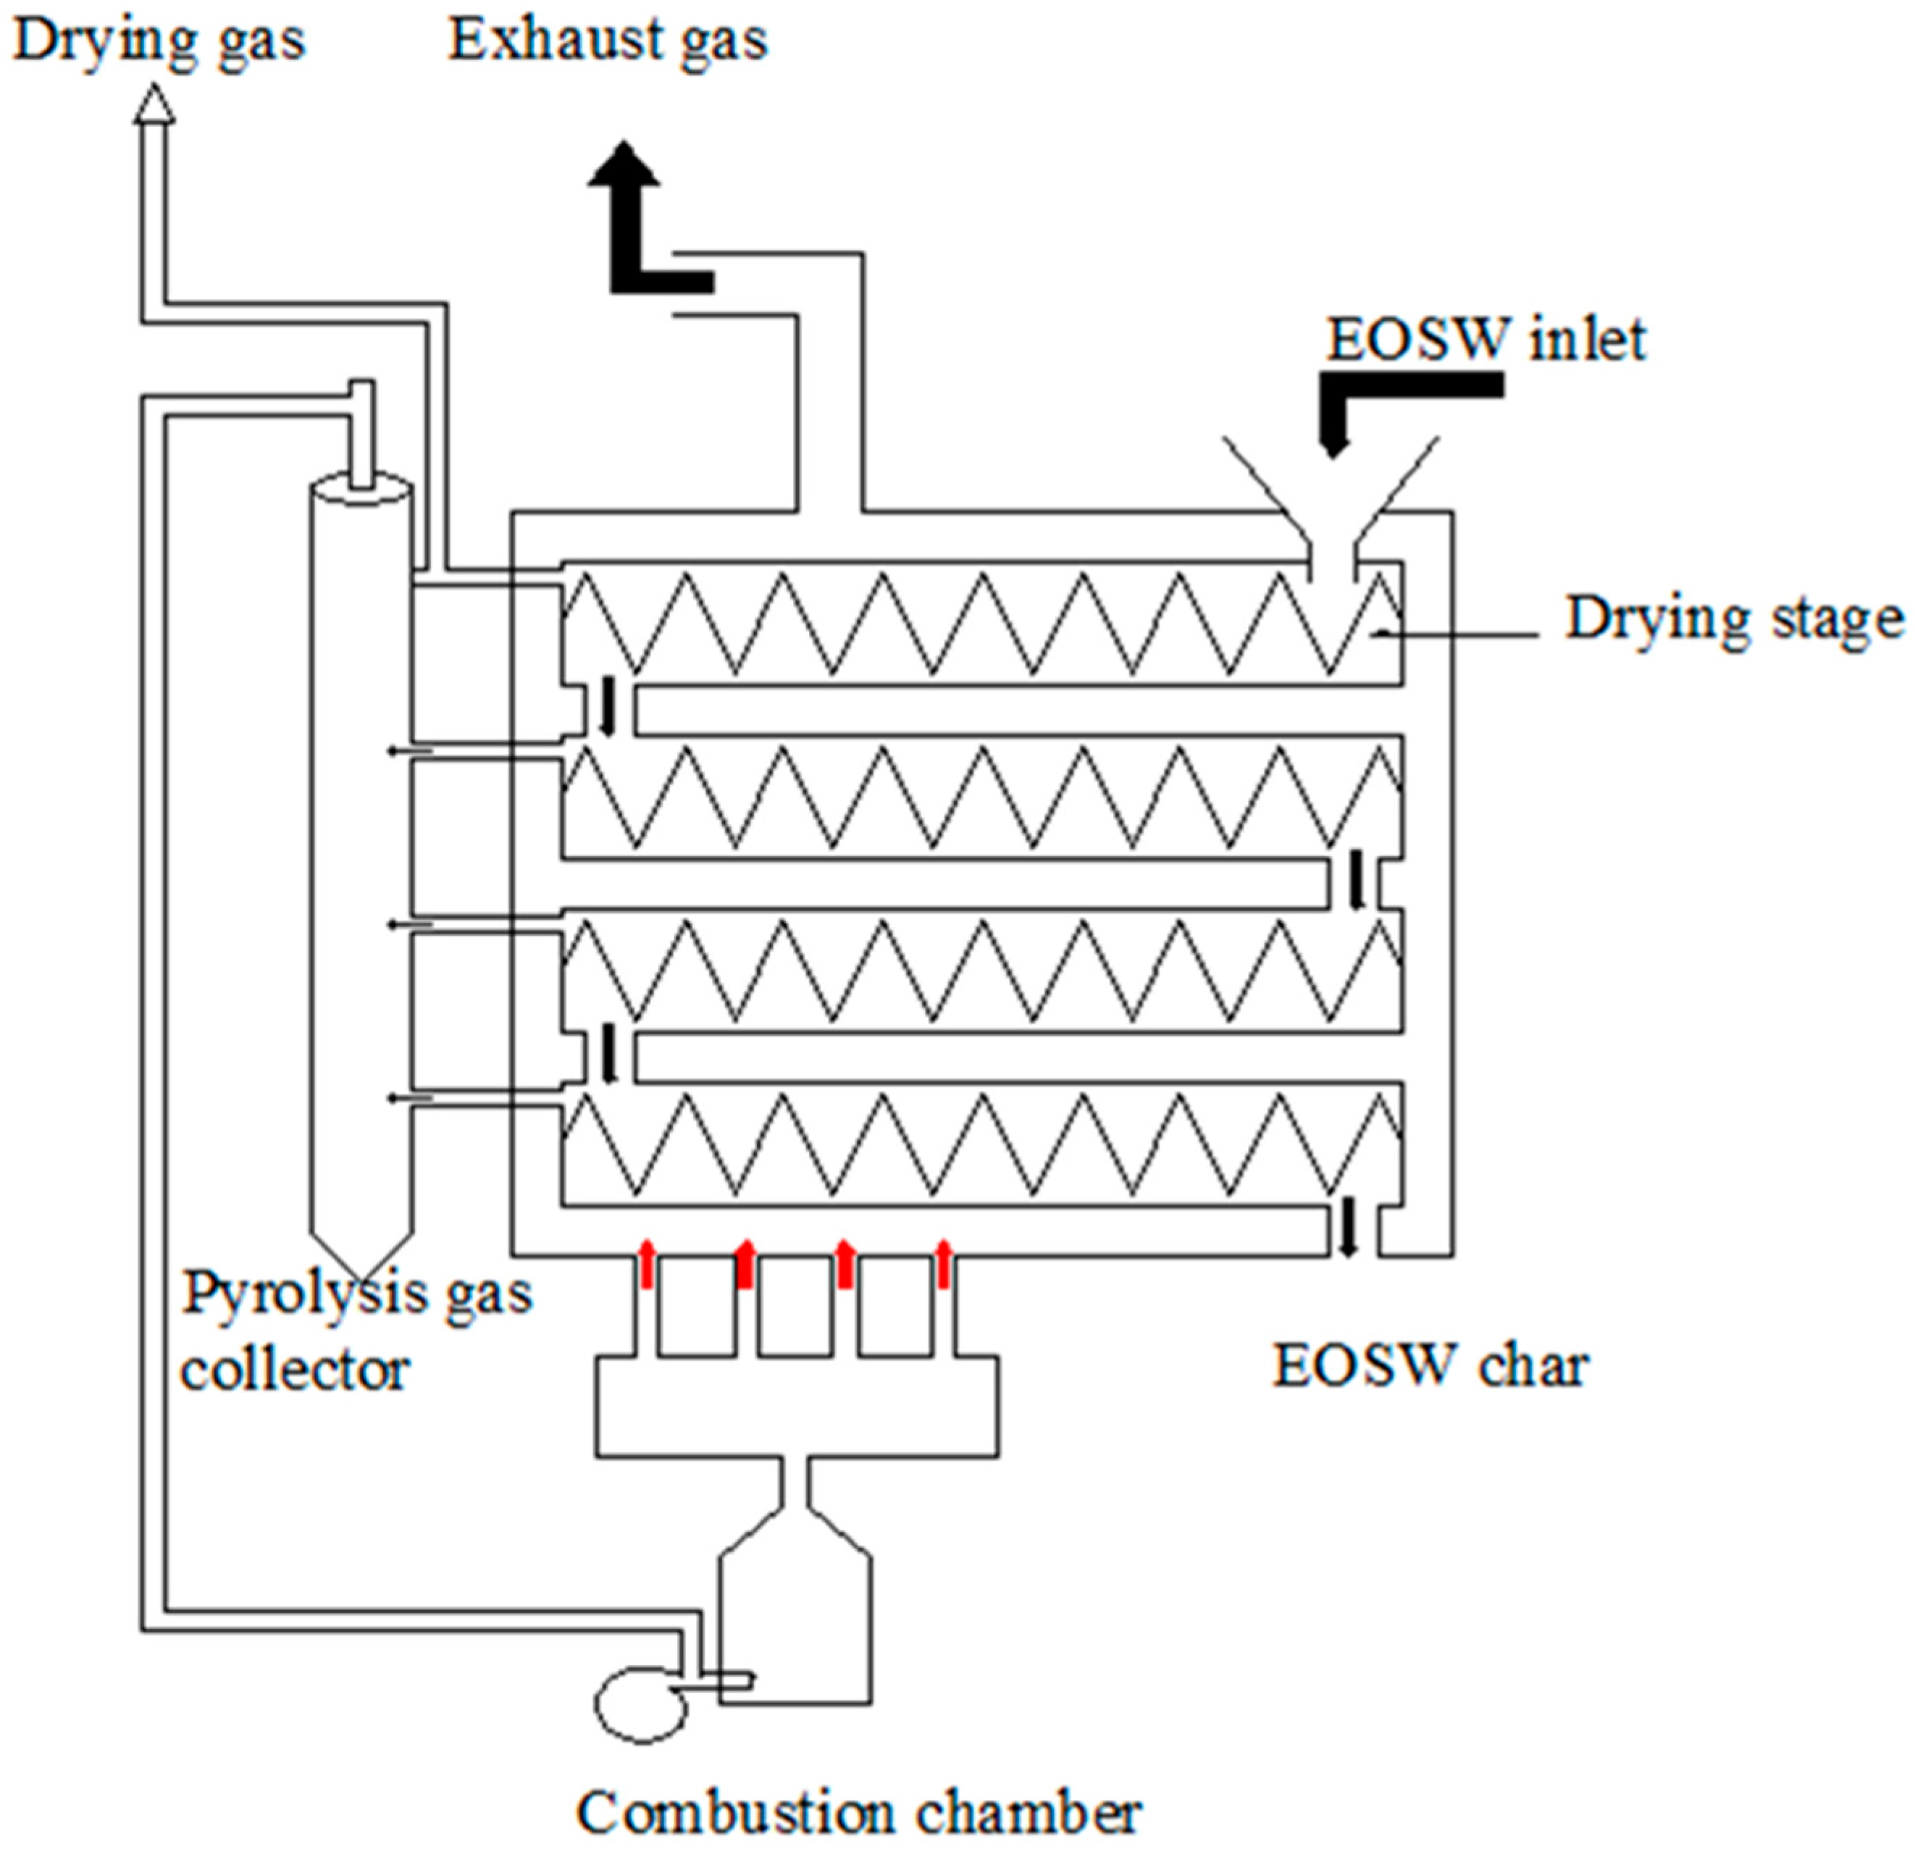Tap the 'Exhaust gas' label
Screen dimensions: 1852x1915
point(608,41)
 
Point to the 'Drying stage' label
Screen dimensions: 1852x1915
point(1734,619)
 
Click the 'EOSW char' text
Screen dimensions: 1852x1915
point(1430,1365)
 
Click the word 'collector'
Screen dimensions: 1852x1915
point(295,1370)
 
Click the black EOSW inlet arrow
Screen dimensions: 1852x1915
point(1368,401)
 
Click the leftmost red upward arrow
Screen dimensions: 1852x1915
point(646,1264)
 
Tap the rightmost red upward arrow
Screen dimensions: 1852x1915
point(943,1264)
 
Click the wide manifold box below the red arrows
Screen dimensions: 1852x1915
point(796,1407)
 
